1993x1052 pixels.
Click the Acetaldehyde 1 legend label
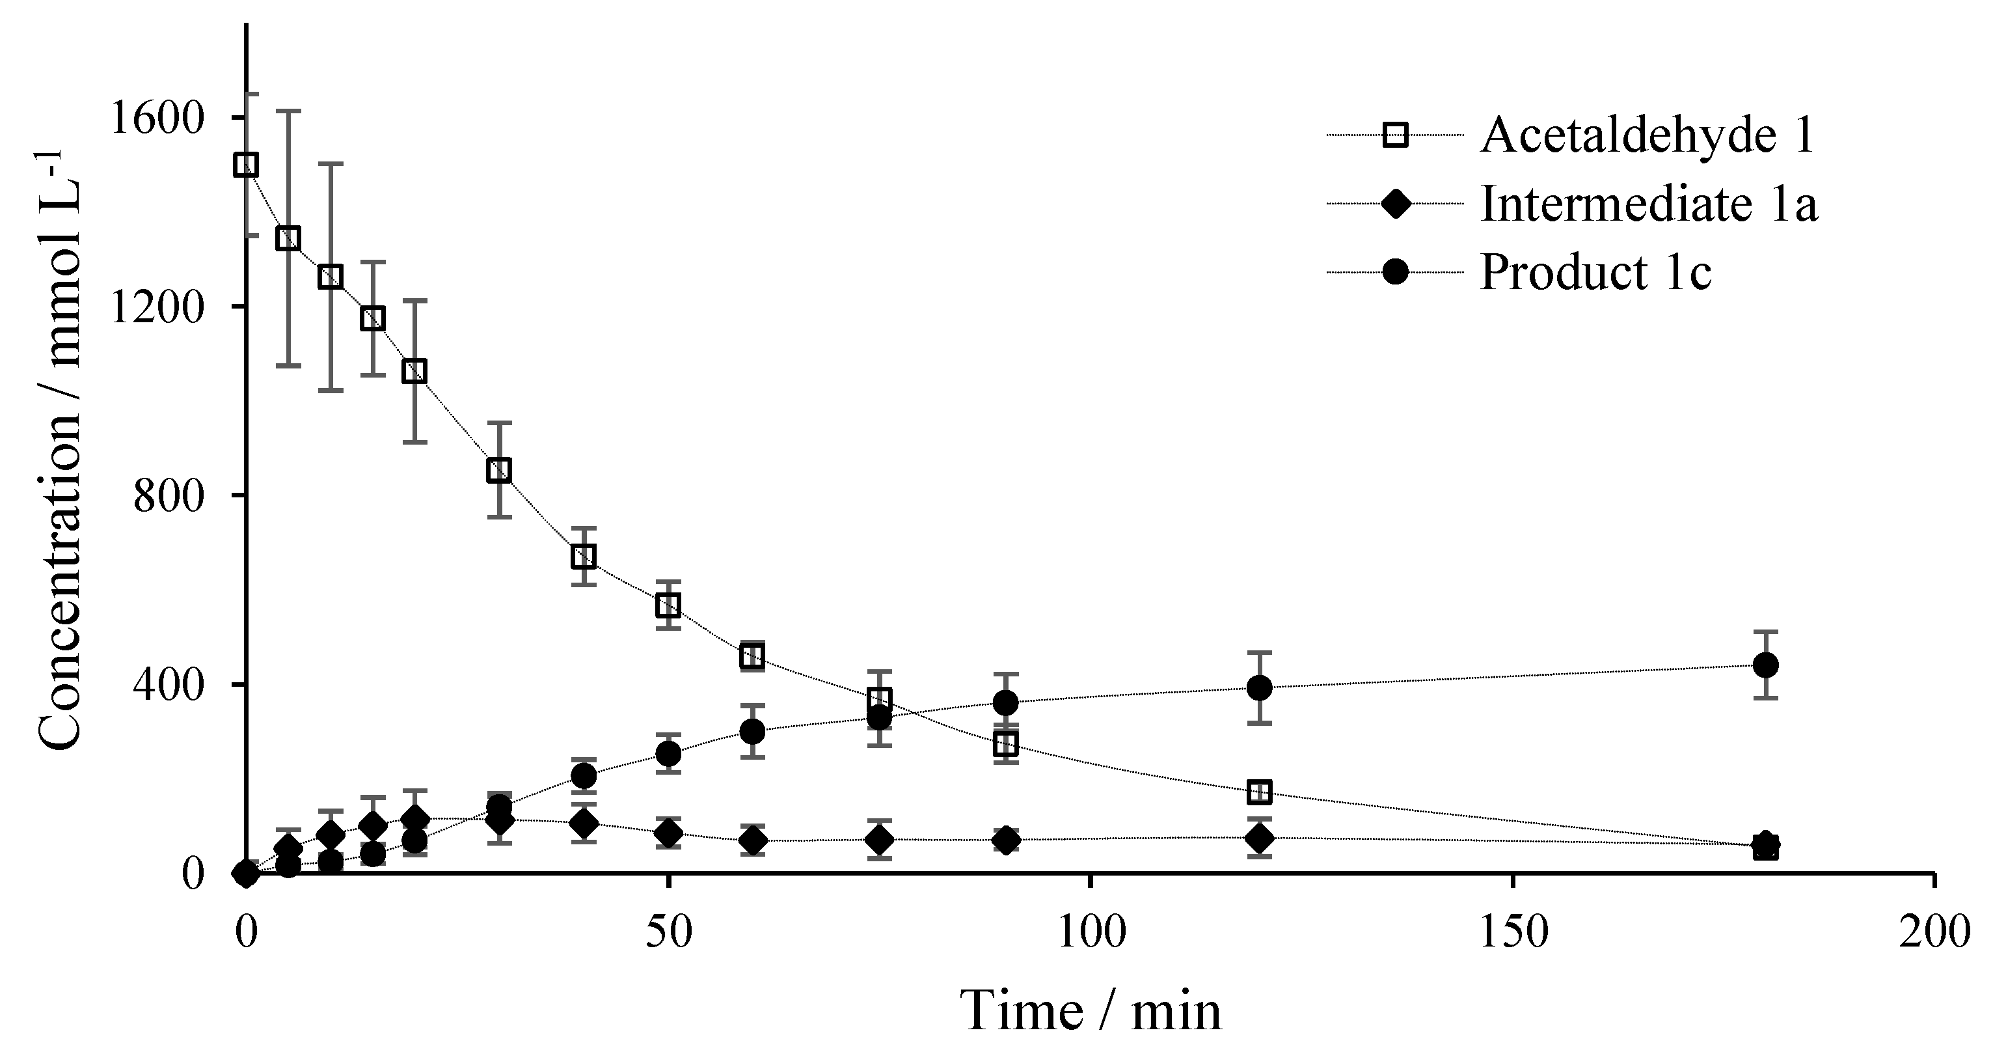(x=1647, y=135)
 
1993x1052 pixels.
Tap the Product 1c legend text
(x=1595, y=273)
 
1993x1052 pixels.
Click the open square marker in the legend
(x=1396, y=135)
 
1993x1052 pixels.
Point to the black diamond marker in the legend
(x=1396, y=204)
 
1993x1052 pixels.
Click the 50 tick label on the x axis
(x=668, y=932)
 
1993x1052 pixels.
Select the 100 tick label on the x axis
(x=1089, y=932)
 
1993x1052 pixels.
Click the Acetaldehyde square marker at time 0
(x=246, y=165)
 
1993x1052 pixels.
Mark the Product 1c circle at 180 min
(x=1765, y=665)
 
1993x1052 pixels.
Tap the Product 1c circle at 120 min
(x=1259, y=687)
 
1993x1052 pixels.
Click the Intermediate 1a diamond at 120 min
(x=1259, y=838)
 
